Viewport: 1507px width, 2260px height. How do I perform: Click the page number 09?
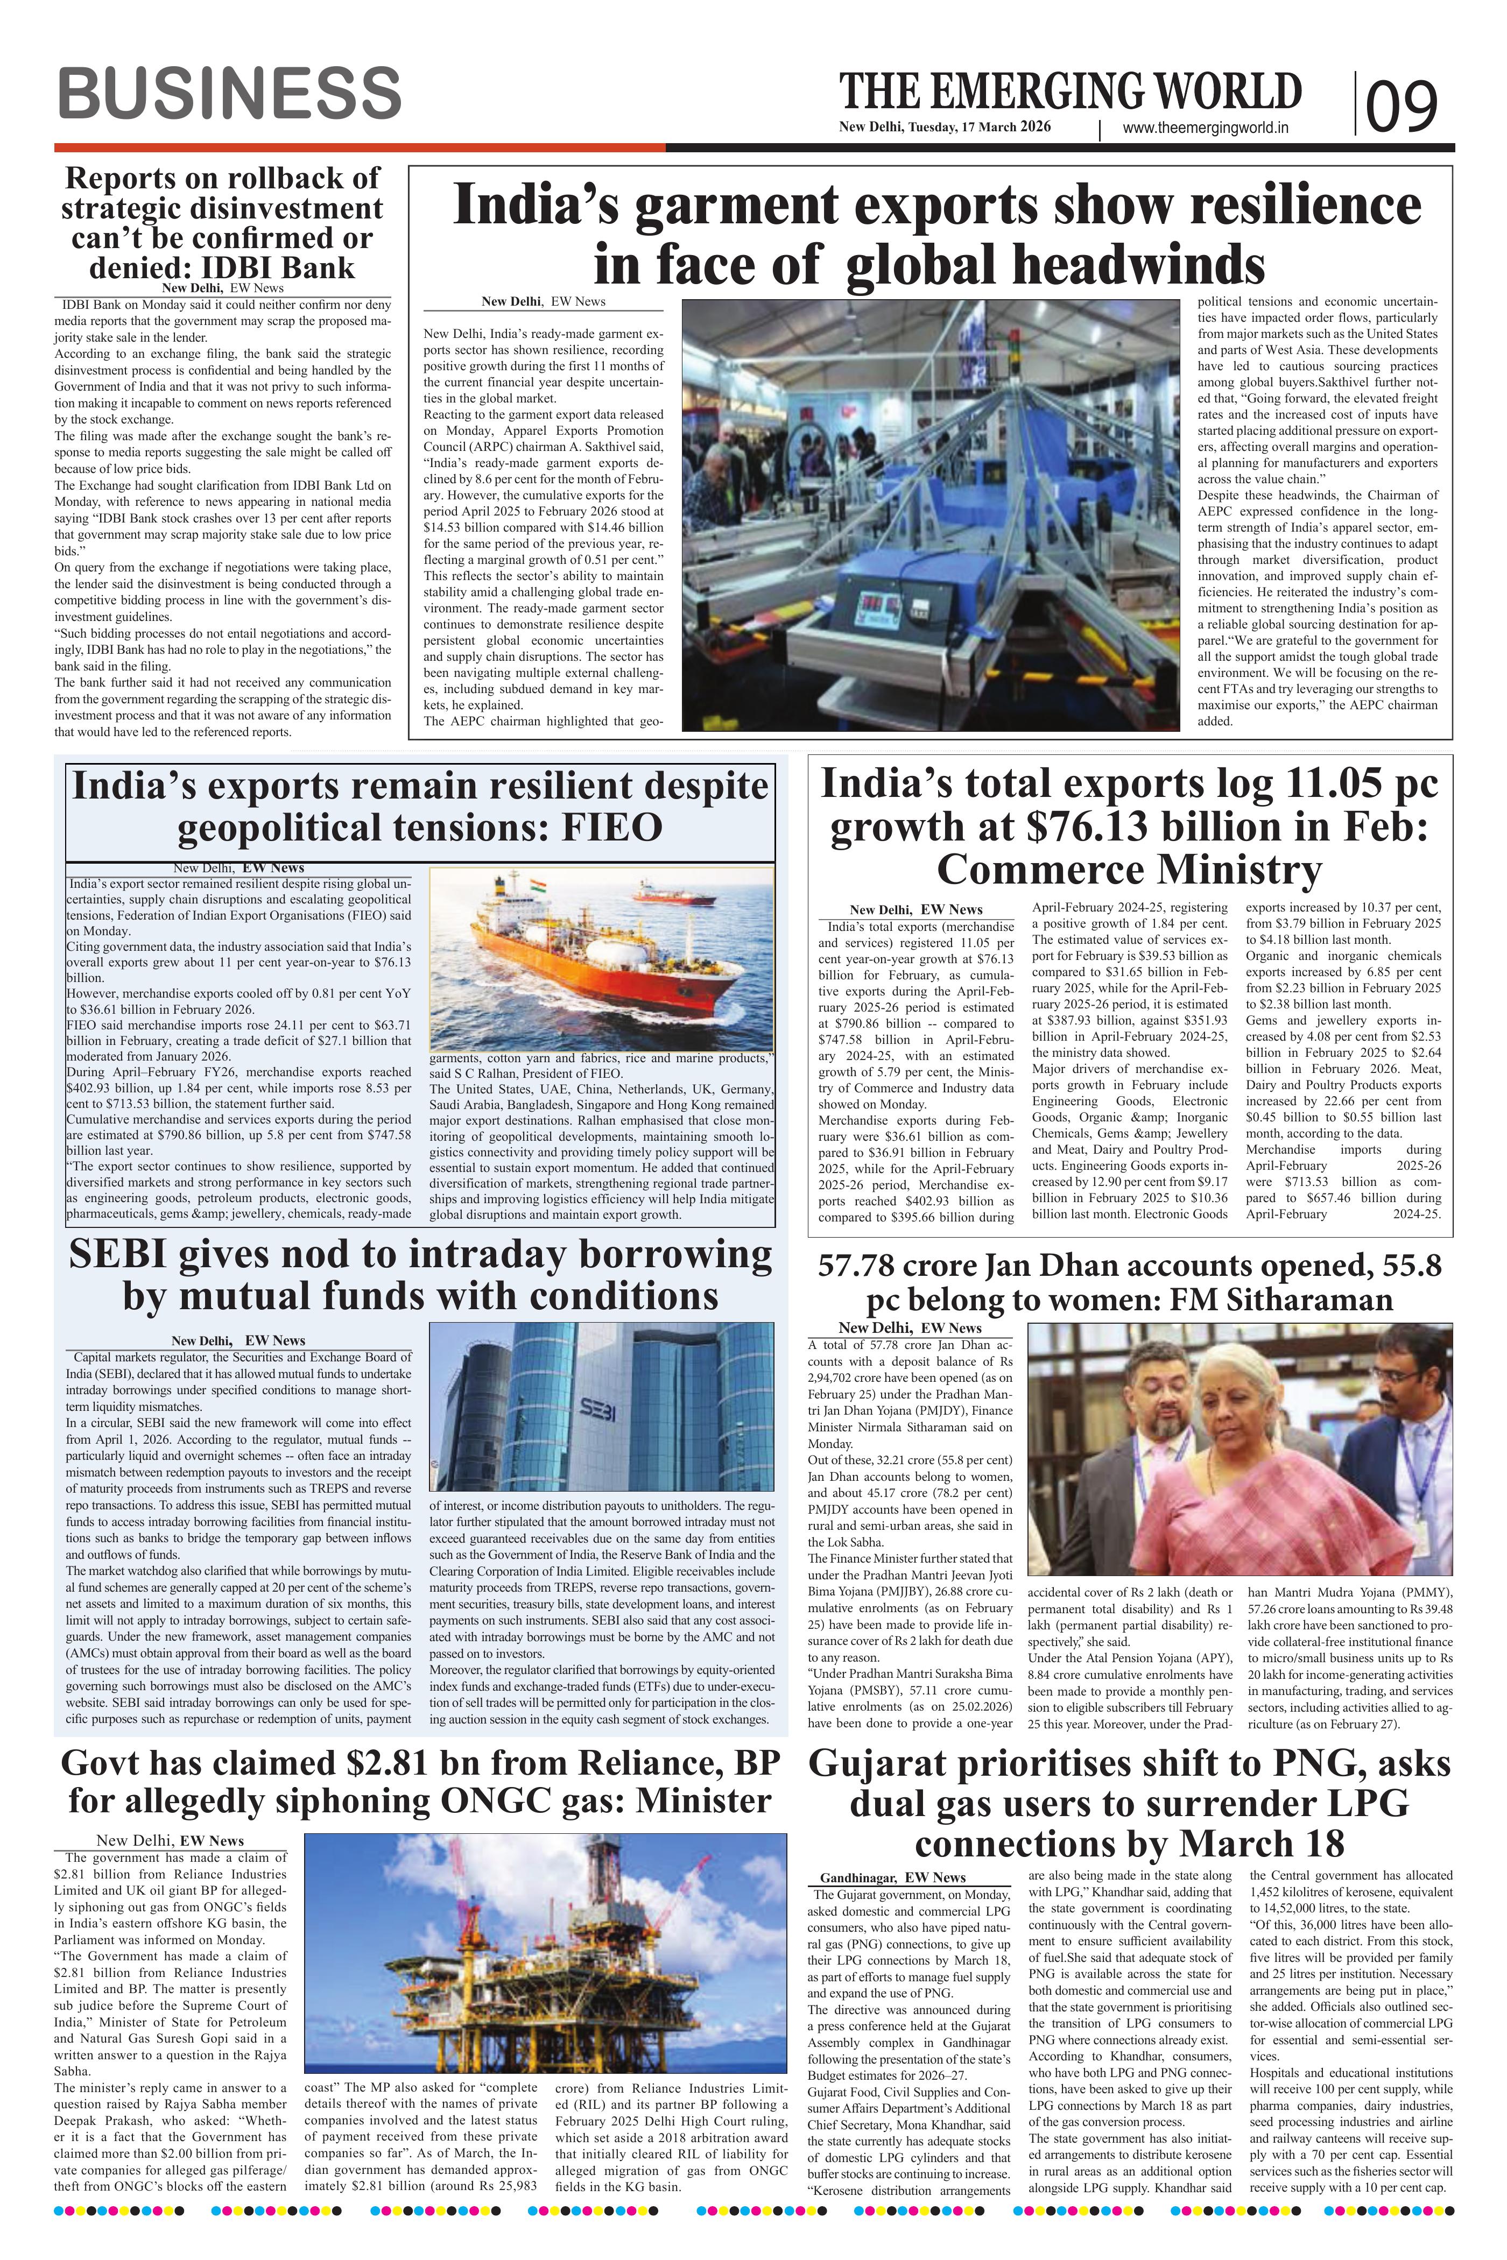click(x=1402, y=105)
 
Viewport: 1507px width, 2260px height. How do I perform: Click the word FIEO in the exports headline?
click(x=613, y=828)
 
